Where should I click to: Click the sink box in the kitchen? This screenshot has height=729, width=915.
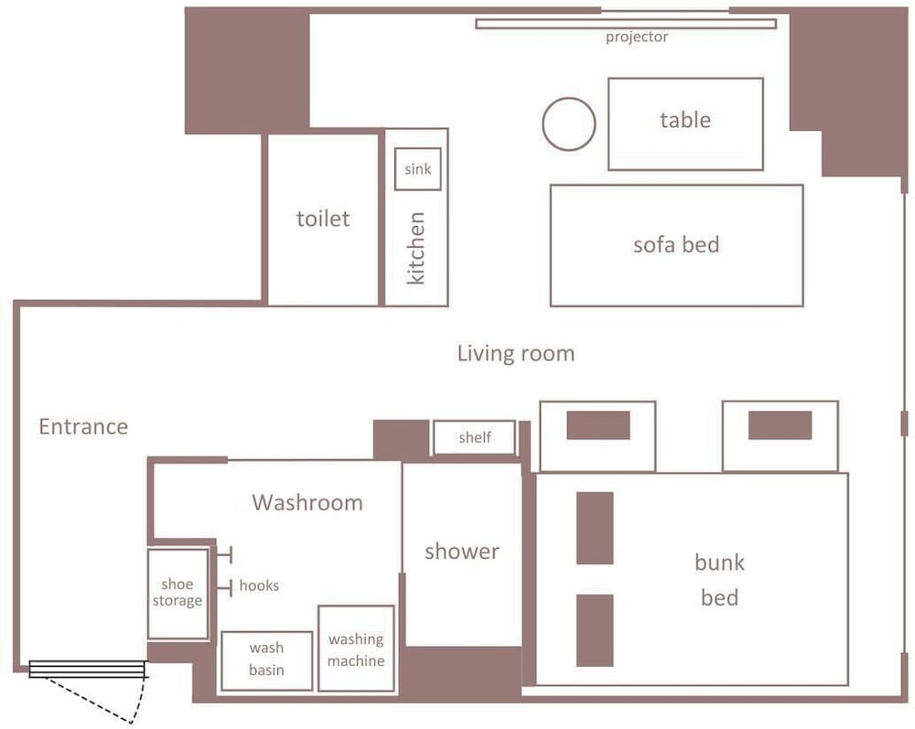pos(418,169)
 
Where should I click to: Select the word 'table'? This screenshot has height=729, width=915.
pos(685,120)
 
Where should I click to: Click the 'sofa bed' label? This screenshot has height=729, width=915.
pos(676,245)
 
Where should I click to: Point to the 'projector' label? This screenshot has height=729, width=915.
pos(637,38)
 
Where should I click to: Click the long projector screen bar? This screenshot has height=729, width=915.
pos(626,24)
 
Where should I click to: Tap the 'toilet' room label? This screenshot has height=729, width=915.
pos(323,219)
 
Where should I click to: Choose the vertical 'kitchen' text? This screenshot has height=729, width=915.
pos(415,248)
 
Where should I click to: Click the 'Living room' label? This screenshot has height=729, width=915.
pos(516,353)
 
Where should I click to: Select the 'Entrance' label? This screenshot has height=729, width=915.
pos(83,427)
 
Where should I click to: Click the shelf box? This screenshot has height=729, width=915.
pos(474,437)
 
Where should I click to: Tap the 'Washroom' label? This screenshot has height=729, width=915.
pos(307,503)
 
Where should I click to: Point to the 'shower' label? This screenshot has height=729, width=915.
pos(462,552)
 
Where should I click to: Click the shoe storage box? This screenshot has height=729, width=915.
pos(178,594)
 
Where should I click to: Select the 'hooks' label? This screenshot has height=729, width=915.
pos(259,585)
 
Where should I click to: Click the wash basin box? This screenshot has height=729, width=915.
pos(266,660)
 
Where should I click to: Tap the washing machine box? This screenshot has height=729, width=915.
pos(356,649)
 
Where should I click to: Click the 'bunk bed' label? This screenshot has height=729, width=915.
pos(719,580)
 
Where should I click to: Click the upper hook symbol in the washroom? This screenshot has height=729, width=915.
pos(225,554)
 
